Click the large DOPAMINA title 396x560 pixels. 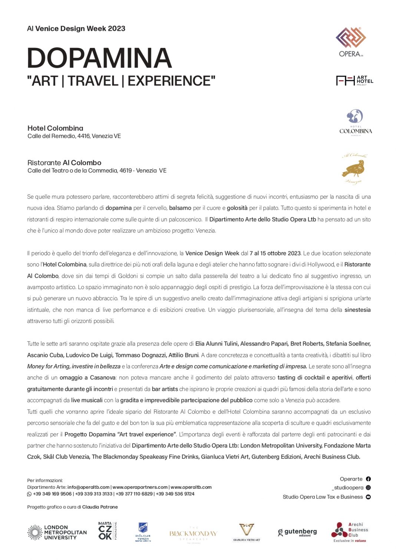tap(99, 58)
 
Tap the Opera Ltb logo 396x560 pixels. tap(351, 42)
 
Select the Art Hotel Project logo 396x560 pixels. tap(354, 81)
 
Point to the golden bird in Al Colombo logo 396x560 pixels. tap(354, 170)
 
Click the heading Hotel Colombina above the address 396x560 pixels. tap(55, 128)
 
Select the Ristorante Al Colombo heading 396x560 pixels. tap(64, 163)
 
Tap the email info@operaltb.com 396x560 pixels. tap(88, 487)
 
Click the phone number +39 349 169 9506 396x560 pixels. tap(52, 494)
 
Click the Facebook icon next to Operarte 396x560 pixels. tap(368, 479)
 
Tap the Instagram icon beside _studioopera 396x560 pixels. tap(368, 488)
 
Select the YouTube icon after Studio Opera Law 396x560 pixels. tap(368, 497)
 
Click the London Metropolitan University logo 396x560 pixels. tap(57, 533)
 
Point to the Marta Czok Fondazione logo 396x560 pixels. tap(107, 531)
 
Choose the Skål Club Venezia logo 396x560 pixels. tap(143, 532)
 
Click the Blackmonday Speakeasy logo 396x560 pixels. tap(193, 534)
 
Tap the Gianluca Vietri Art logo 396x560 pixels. tap(247, 532)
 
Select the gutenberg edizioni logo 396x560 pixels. tap(297, 532)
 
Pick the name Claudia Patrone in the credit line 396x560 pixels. tap(100, 507)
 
